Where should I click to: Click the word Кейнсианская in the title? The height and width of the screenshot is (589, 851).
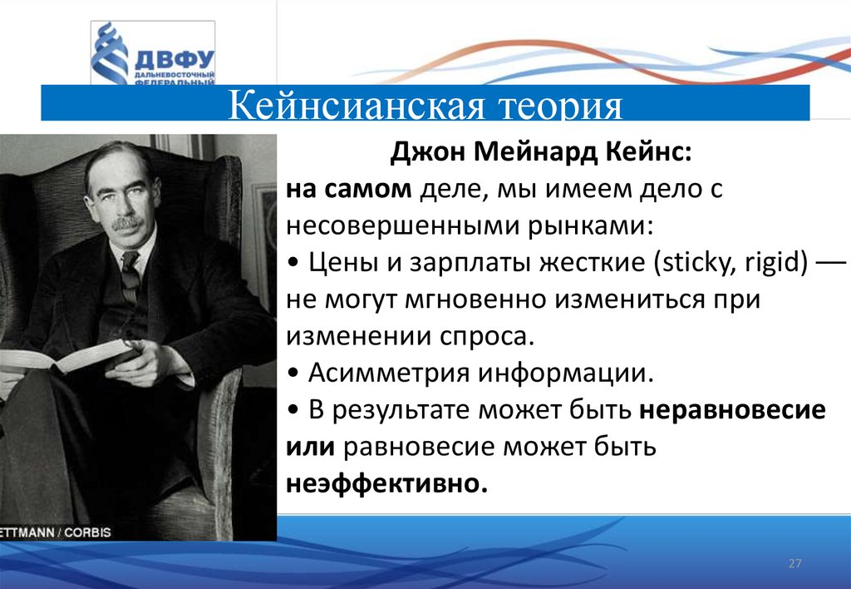(356, 104)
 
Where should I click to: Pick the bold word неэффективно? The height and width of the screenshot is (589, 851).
(386, 483)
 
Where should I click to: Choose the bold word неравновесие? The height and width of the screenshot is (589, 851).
(732, 409)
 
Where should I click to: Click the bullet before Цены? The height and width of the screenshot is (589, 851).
(293, 264)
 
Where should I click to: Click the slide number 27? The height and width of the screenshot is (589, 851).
(794, 563)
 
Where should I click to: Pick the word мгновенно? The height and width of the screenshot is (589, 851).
(475, 299)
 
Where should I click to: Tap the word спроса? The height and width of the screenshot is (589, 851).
(487, 337)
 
